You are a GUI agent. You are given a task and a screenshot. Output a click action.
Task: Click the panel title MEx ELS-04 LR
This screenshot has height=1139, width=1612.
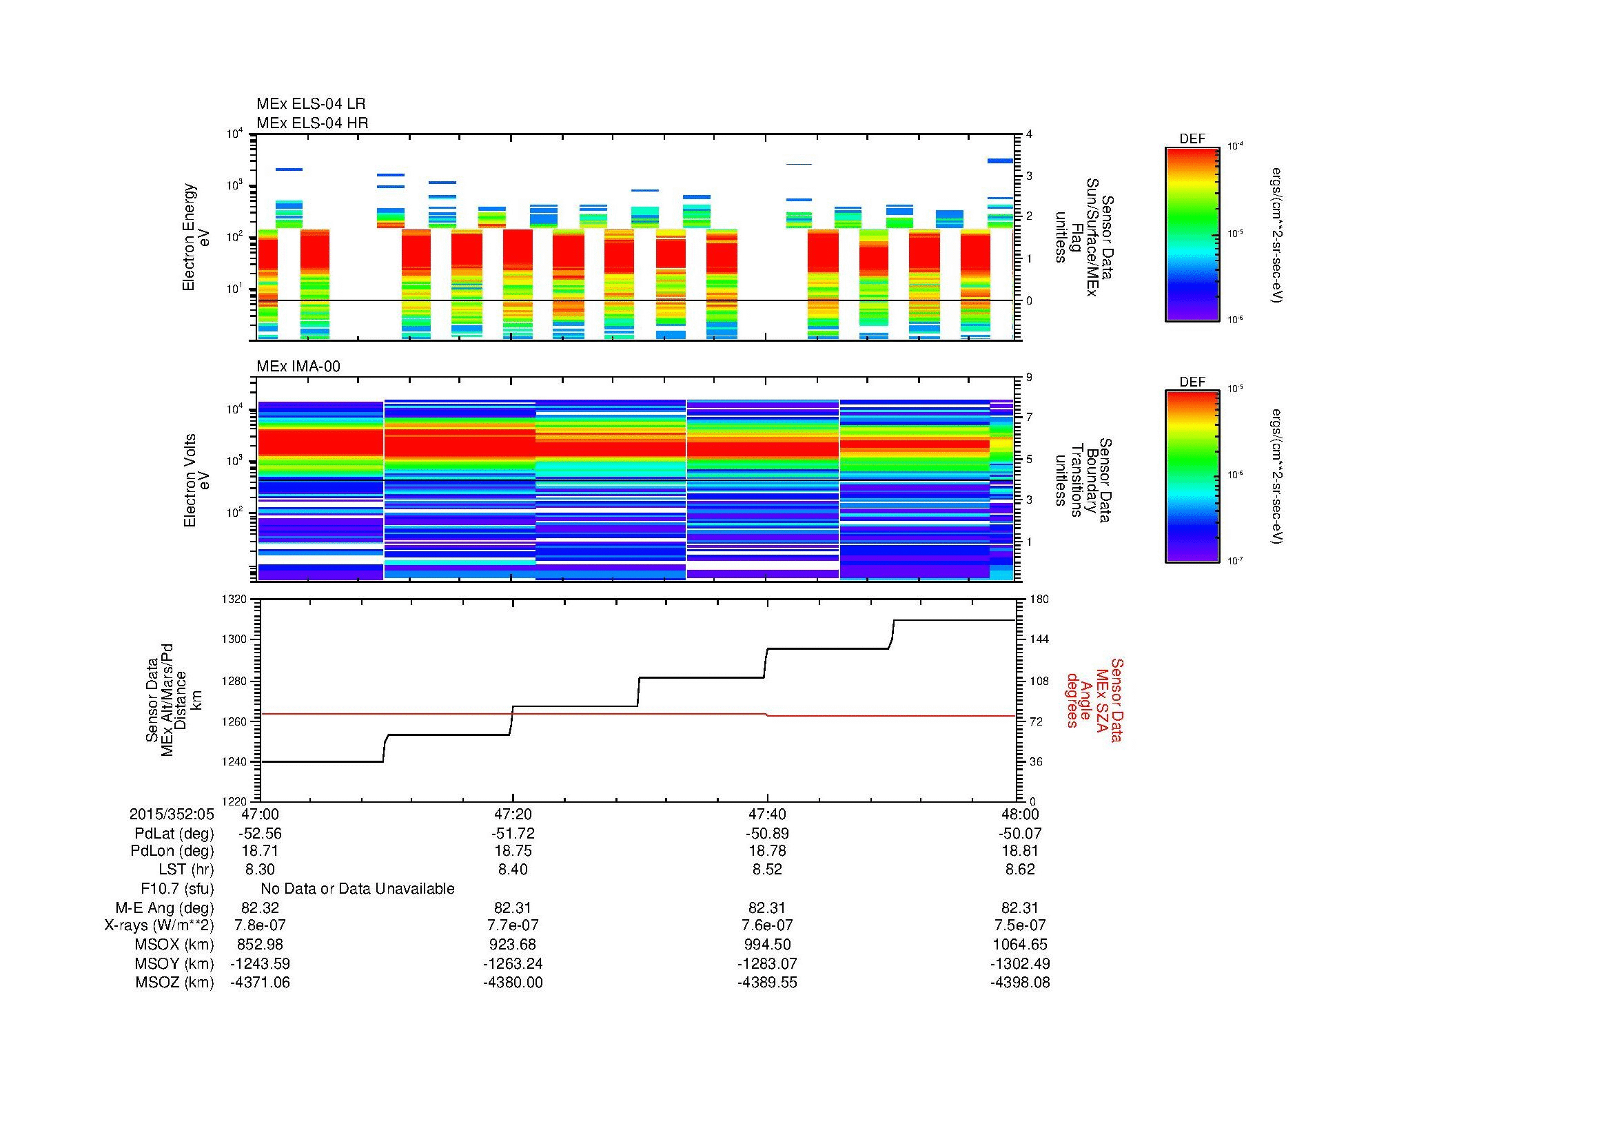(x=310, y=104)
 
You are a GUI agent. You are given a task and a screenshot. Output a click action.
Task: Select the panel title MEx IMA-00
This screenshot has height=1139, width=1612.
(x=298, y=367)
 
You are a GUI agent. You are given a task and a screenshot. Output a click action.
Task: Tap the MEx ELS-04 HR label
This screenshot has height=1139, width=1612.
(x=312, y=123)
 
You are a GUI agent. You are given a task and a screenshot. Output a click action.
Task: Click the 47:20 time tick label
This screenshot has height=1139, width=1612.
(x=513, y=814)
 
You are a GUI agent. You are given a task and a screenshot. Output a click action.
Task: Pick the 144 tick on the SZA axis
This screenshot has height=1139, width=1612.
(x=1040, y=639)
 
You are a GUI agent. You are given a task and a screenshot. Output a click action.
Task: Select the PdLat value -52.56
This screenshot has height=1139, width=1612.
(x=261, y=834)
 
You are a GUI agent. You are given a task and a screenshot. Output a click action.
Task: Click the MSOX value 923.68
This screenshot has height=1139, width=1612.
(x=513, y=945)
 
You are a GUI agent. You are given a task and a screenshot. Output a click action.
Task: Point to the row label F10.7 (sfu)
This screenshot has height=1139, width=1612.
(x=177, y=888)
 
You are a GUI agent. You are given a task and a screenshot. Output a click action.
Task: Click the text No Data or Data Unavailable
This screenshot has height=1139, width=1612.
(x=358, y=889)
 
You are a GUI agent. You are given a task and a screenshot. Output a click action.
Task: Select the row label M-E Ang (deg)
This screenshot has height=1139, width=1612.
(x=164, y=907)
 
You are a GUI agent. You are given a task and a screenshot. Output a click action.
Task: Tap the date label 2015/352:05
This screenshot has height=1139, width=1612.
(x=172, y=814)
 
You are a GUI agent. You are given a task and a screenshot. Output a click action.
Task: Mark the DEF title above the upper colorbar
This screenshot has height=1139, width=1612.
(x=1192, y=139)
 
